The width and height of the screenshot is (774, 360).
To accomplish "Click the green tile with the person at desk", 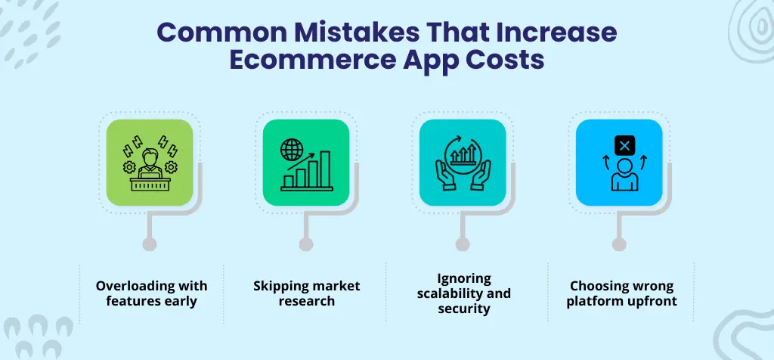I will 150,162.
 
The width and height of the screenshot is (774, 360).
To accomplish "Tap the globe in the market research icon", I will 291,149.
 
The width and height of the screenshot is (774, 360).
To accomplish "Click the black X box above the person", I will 624,144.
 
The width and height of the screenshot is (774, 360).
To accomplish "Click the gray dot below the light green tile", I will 150,244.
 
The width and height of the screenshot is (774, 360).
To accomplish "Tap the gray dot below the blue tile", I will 619,244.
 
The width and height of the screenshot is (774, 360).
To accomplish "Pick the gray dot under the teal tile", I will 463,244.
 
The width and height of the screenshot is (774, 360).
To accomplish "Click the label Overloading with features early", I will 151,293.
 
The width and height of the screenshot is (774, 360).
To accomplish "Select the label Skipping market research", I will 307,293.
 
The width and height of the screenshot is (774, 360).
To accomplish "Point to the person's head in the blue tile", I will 624,166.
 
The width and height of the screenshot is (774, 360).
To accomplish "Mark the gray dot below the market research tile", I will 306,244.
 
